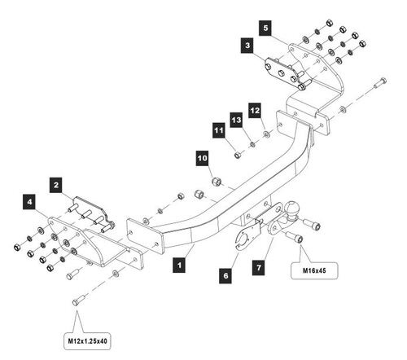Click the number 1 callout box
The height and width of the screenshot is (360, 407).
(x=179, y=265)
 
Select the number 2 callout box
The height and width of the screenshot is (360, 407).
(x=56, y=185)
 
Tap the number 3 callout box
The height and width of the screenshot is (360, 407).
(x=247, y=45)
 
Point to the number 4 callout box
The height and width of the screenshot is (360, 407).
(x=29, y=202)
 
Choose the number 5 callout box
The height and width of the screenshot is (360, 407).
(x=265, y=28)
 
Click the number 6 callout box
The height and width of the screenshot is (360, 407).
(x=225, y=276)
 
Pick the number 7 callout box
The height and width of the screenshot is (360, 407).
(x=259, y=268)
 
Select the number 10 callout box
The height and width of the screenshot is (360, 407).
(x=203, y=158)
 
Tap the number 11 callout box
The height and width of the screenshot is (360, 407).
(x=219, y=130)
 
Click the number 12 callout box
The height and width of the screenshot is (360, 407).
(x=255, y=111)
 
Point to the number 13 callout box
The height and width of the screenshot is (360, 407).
(x=237, y=120)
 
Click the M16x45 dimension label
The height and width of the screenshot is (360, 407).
(x=314, y=270)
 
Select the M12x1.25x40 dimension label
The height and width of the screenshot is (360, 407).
(x=87, y=341)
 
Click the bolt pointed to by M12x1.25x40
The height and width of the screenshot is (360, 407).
(x=79, y=300)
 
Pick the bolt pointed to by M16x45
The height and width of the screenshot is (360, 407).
(x=295, y=236)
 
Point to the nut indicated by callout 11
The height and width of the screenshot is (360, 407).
(x=238, y=155)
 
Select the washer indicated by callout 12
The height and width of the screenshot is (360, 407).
(x=267, y=134)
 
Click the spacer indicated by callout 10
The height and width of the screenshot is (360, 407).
(x=217, y=181)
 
